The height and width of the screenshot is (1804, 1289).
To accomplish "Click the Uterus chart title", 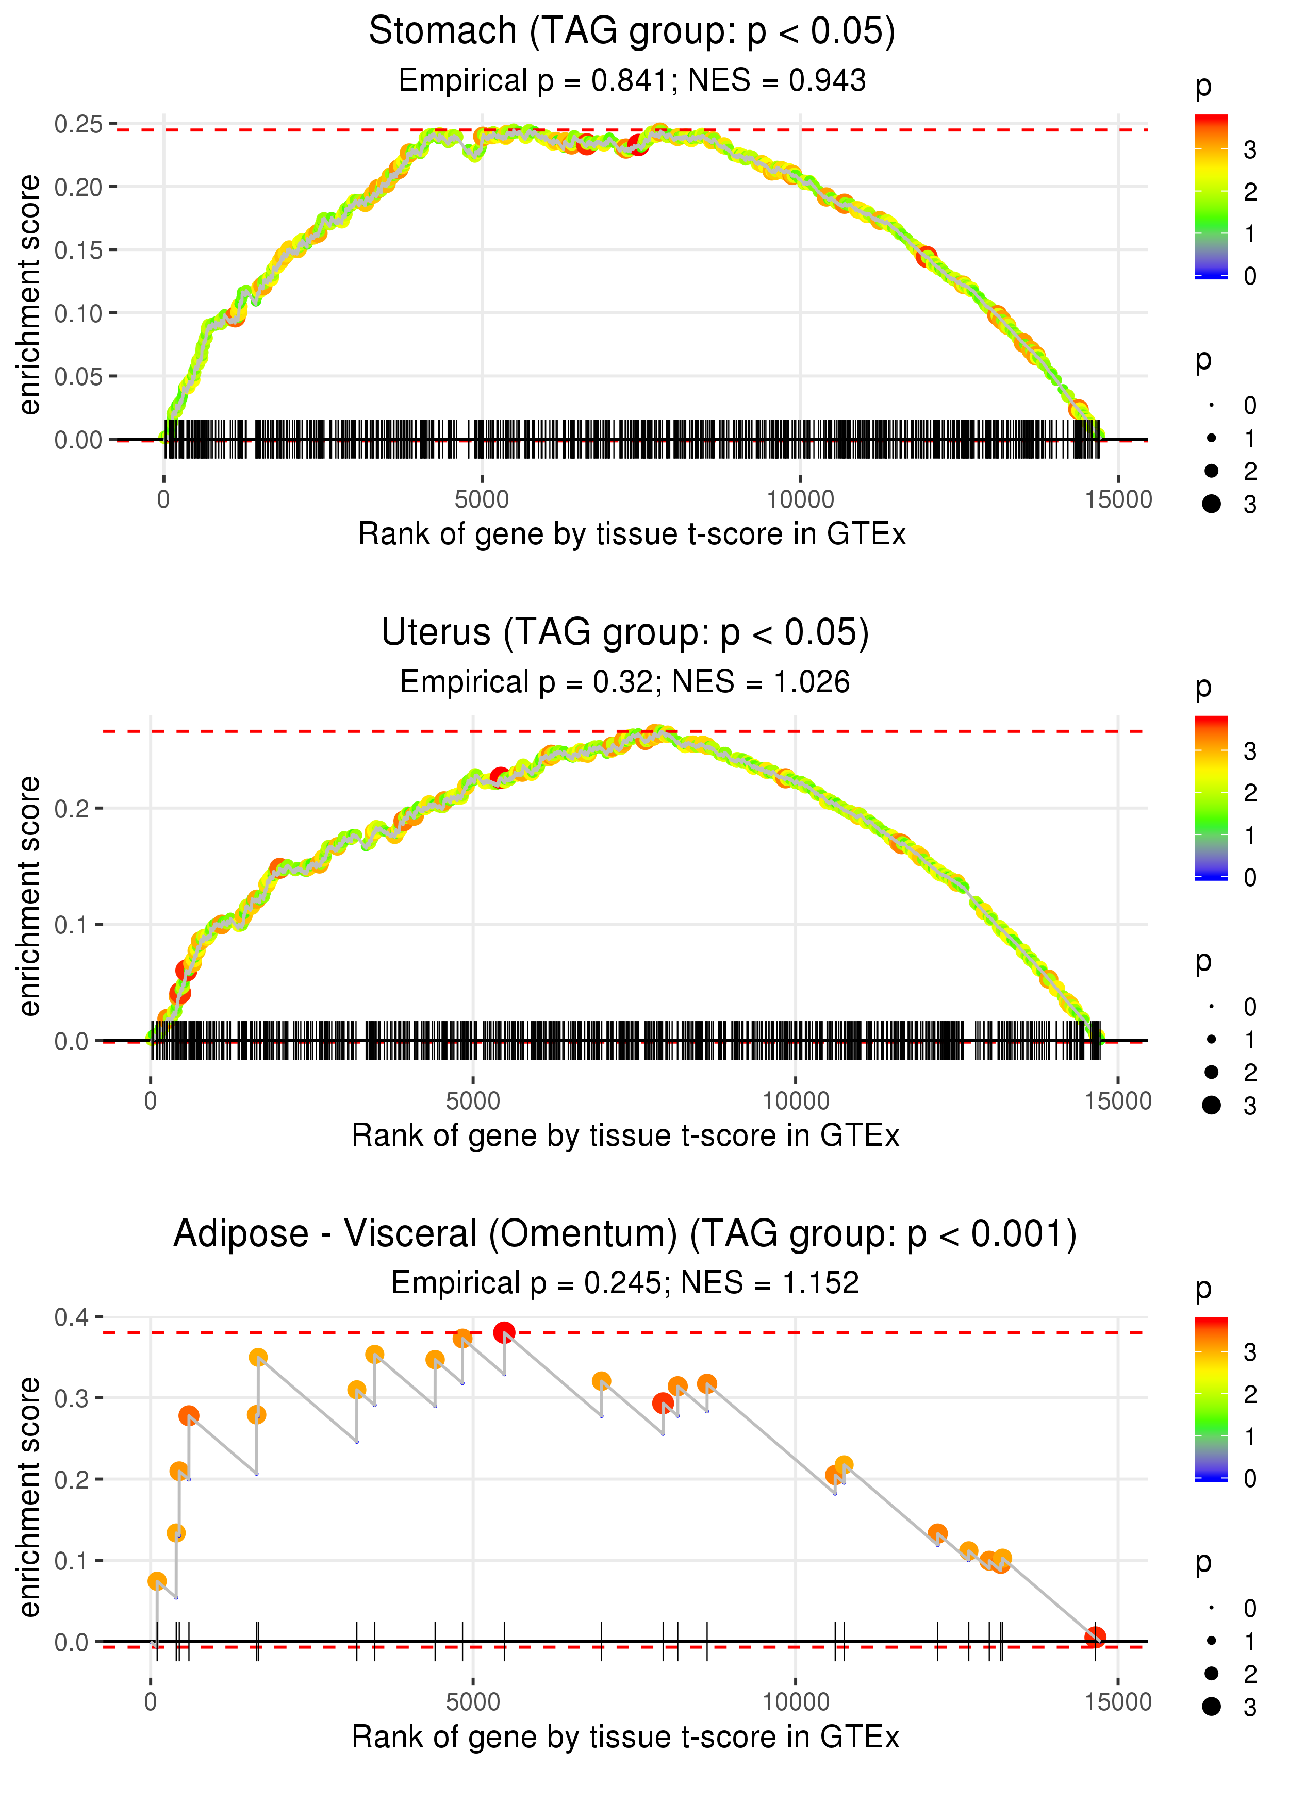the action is [x=625, y=633].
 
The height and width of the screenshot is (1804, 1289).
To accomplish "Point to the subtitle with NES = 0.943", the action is [x=632, y=80].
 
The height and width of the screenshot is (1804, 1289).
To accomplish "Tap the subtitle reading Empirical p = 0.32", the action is [x=625, y=681].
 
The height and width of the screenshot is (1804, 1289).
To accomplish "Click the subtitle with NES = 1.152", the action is [x=625, y=1283].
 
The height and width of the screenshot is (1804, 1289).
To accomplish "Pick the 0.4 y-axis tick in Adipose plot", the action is [x=72, y=1318].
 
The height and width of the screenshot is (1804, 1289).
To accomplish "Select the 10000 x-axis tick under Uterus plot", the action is [x=795, y=1100].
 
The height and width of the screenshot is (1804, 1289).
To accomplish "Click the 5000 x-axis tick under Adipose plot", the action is [x=473, y=1701].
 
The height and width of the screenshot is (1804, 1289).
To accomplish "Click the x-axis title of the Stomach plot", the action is [x=632, y=534].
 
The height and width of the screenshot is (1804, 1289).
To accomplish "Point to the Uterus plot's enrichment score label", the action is [x=29, y=896].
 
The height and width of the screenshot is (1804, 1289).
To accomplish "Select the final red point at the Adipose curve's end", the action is [x=1095, y=1636].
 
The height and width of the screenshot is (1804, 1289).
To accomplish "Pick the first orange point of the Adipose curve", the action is [x=157, y=1581].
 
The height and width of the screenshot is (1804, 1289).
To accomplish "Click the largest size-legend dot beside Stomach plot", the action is [x=1211, y=504].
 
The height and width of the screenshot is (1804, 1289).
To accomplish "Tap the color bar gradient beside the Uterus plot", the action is [x=1211, y=797].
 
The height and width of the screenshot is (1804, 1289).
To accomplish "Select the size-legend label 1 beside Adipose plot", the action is [x=1250, y=1641].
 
